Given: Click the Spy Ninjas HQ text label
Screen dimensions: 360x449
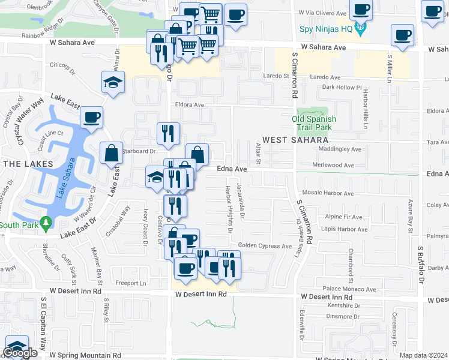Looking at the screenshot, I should pos(325,28).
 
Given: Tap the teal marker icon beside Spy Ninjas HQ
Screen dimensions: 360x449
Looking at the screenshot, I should pos(360,27).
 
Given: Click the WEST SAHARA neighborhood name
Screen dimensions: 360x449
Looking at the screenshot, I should pos(291,140).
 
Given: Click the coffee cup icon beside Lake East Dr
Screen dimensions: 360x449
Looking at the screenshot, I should pos(91,117).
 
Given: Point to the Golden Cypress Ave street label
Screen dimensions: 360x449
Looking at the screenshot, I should pos(265,246).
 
